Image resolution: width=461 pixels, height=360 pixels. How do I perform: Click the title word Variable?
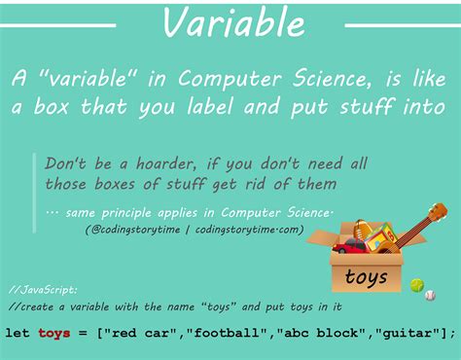(230, 22)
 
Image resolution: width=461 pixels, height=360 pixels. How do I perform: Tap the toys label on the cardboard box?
(366, 278)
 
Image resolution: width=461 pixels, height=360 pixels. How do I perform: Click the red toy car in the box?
(348, 246)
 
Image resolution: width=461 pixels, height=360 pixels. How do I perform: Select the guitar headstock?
(438, 211)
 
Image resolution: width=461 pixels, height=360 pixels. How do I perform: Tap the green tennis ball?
(417, 285)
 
